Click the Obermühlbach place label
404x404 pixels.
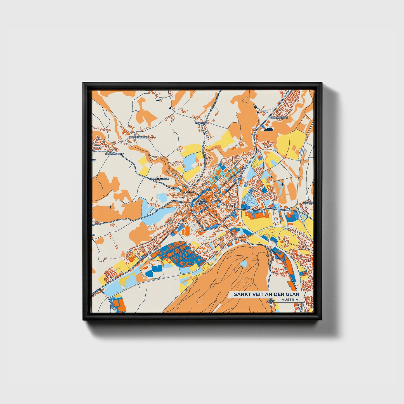click(139, 137)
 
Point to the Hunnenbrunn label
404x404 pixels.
click(279, 118)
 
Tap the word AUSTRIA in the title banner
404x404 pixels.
click(290, 299)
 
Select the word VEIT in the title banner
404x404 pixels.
click(254, 294)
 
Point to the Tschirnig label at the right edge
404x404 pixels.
click(308, 203)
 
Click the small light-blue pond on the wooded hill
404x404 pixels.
click(244, 263)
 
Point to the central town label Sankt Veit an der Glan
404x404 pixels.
click(202, 202)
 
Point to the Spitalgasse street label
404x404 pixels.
click(178, 189)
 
